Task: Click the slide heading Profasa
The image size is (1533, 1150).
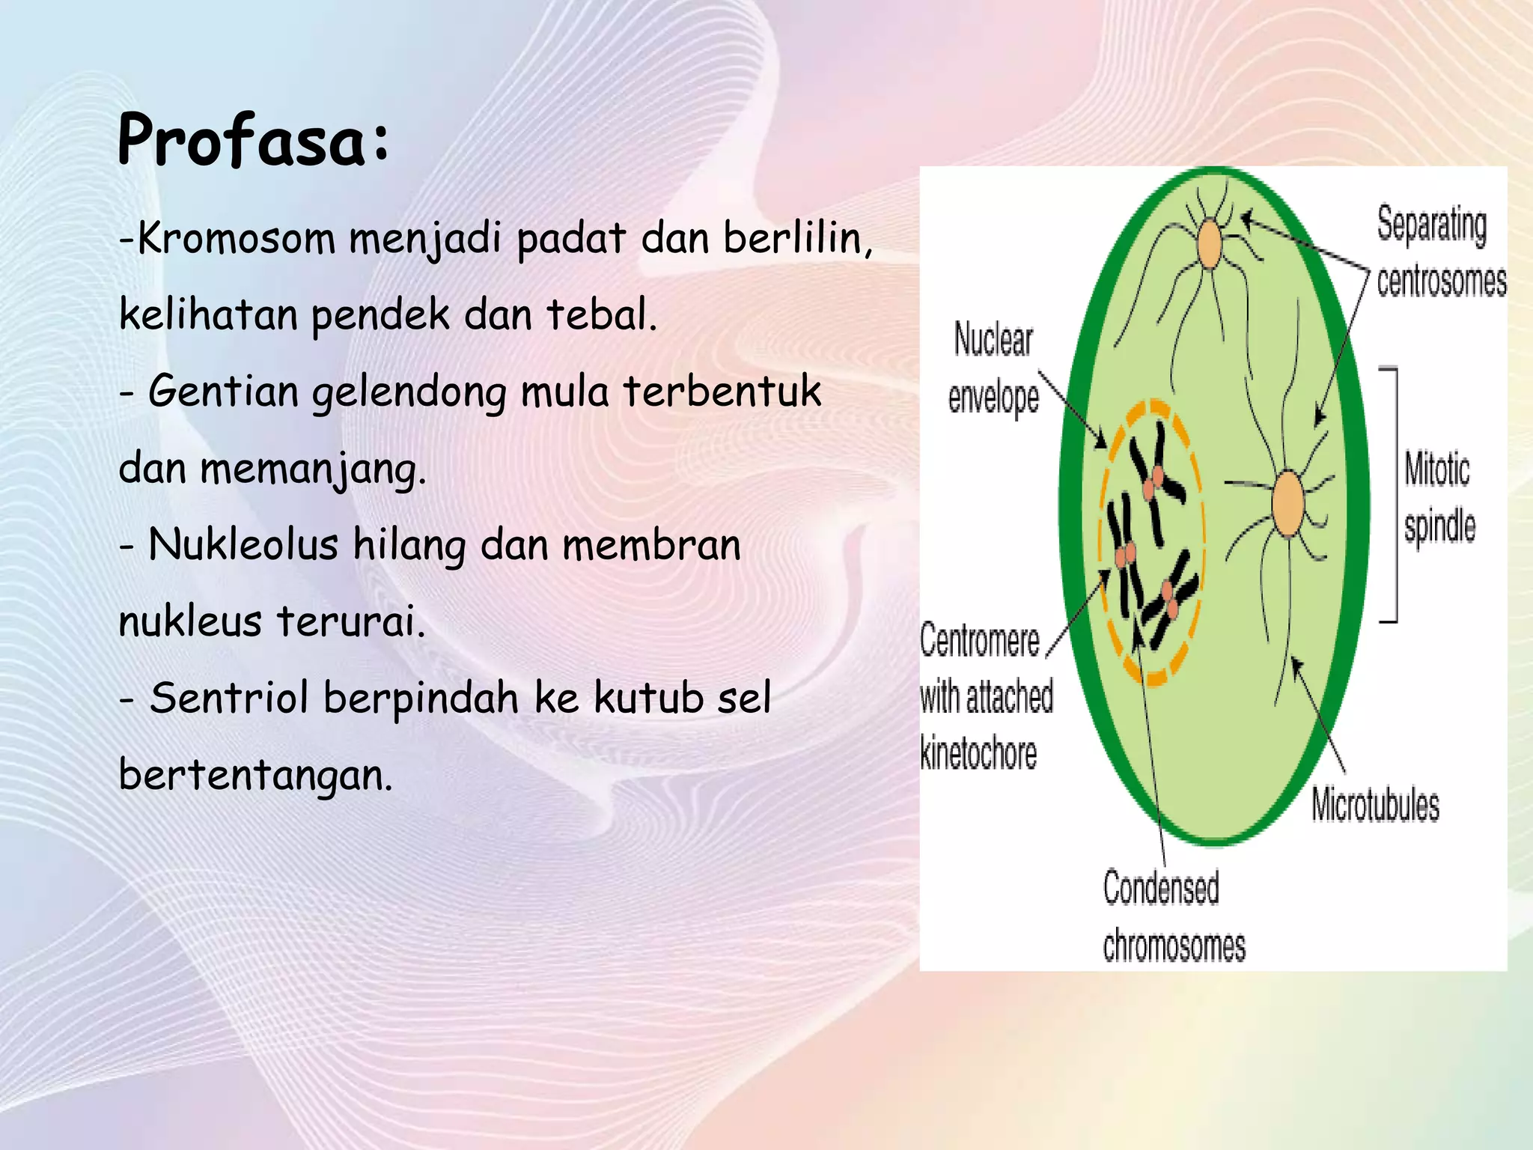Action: click(x=253, y=141)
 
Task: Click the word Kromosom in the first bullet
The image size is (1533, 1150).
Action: click(x=236, y=240)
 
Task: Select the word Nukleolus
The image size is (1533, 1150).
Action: click(x=243, y=545)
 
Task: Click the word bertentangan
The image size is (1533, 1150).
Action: click(x=255, y=776)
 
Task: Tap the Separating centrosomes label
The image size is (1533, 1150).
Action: click(x=1440, y=253)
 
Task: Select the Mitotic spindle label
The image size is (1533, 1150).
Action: click(x=1439, y=498)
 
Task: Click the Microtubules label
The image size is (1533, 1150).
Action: click(x=1375, y=806)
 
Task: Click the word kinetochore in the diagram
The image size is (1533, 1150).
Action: click(x=978, y=753)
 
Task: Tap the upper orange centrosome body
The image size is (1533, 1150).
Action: click(x=1210, y=243)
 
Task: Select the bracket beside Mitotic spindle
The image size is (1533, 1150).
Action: click(x=1392, y=494)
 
